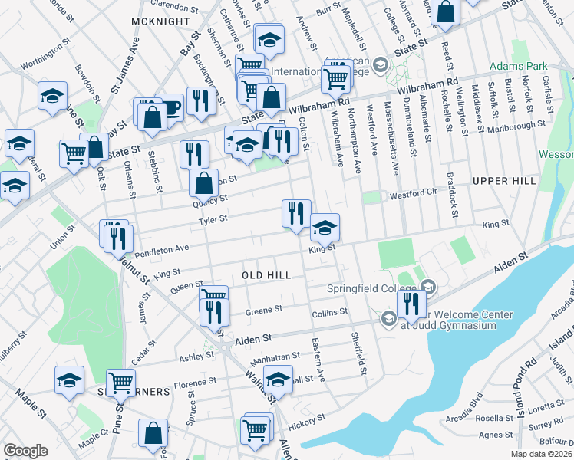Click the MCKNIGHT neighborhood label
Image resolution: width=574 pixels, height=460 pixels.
160,21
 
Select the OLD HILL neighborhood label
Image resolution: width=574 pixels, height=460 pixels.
266,274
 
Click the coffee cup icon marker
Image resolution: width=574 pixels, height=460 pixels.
169,107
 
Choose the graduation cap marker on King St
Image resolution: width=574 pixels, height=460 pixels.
325,226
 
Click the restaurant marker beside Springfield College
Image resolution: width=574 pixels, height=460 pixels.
411,303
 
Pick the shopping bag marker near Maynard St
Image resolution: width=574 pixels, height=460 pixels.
445,12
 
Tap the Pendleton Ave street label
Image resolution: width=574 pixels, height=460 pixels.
162,249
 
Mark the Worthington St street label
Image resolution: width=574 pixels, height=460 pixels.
39,56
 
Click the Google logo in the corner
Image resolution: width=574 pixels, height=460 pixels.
26,451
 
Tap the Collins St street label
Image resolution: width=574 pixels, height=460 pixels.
330,312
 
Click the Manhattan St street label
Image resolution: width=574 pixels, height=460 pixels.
274,356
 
